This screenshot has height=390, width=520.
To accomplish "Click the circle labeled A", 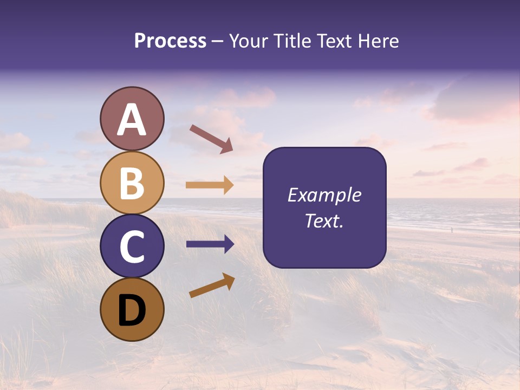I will [132, 119].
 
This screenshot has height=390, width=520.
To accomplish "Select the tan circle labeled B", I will [132, 182].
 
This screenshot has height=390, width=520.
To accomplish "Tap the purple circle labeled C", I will [132, 246].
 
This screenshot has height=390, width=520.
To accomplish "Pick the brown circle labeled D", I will [132, 309].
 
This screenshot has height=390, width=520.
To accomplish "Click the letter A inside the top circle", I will [132, 120].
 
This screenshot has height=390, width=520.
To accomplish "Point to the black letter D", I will [132, 310].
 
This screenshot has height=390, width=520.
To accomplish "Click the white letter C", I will [132, 247].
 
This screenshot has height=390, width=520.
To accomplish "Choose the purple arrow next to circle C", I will [210, 244].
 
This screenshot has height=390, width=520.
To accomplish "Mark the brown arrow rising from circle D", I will [211, 285].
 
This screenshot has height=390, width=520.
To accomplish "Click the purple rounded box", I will [324, 208].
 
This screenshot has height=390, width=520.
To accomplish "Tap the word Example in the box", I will [324, 195].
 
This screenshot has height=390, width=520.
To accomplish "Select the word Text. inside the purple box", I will [324, 220].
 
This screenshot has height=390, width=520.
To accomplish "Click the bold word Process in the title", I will [170, 41].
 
